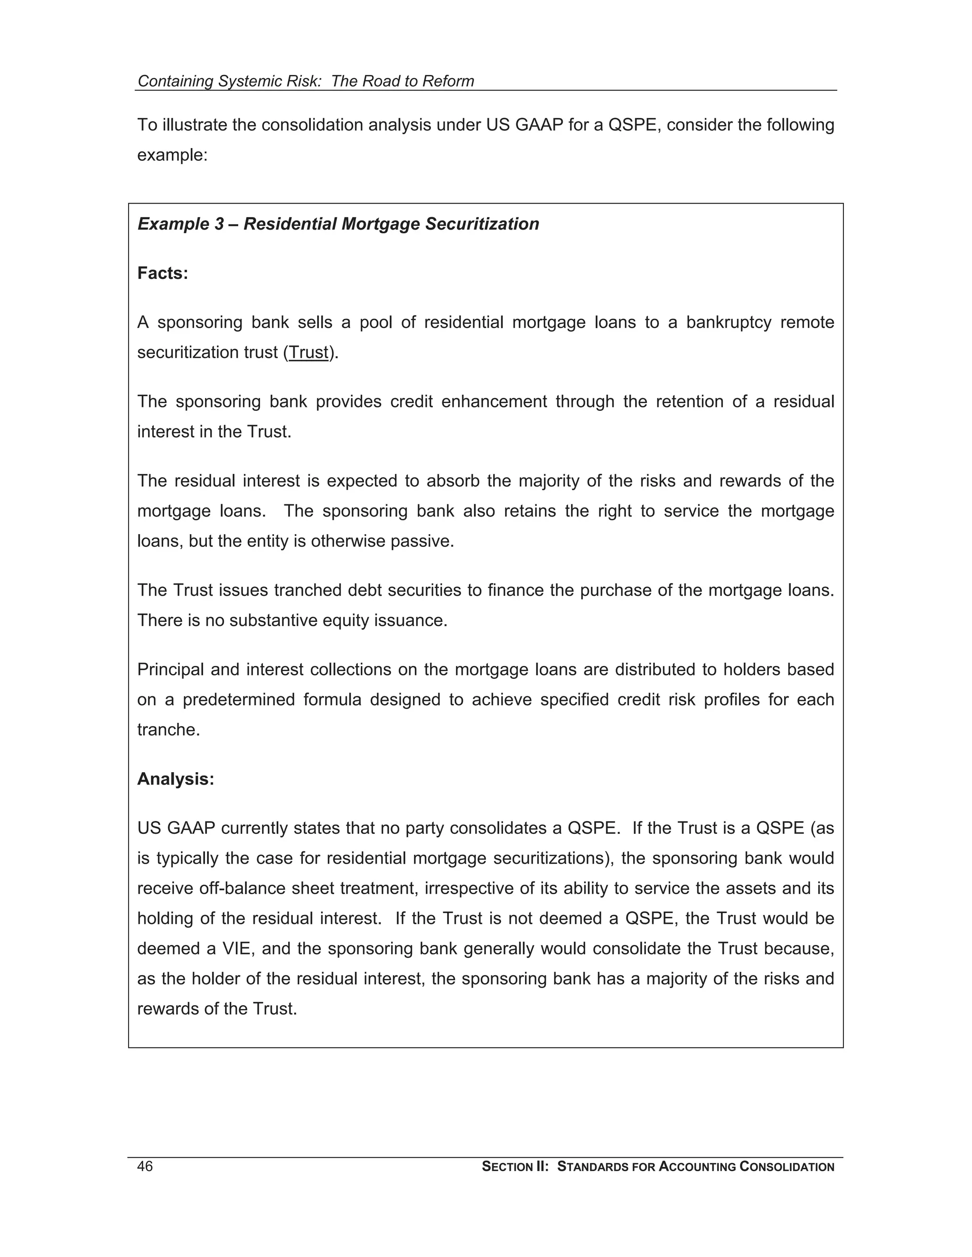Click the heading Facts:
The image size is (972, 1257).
(163, 273)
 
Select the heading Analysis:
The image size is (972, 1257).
(176, 779)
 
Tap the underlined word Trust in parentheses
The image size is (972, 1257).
(308, 352)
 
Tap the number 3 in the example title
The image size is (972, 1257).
(219, 224)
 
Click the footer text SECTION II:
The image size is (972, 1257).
(515, 1167)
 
